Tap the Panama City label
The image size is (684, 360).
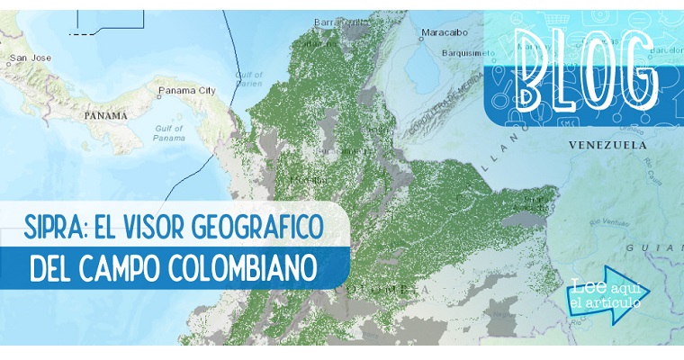(x=186, y=90)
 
